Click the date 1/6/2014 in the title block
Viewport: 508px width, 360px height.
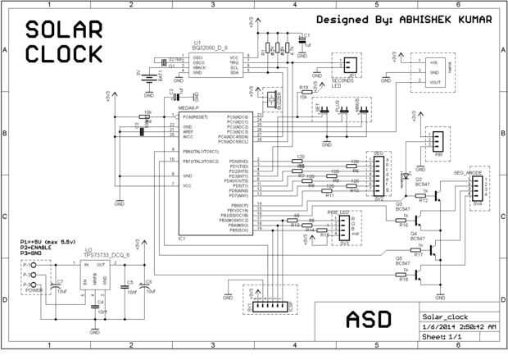click(x=436, y=326)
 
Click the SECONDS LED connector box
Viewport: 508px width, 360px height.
click(x=349, y=65)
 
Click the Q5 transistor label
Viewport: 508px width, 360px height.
click(x=400, y=257)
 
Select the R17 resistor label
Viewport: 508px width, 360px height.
click(x=419, y=254)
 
